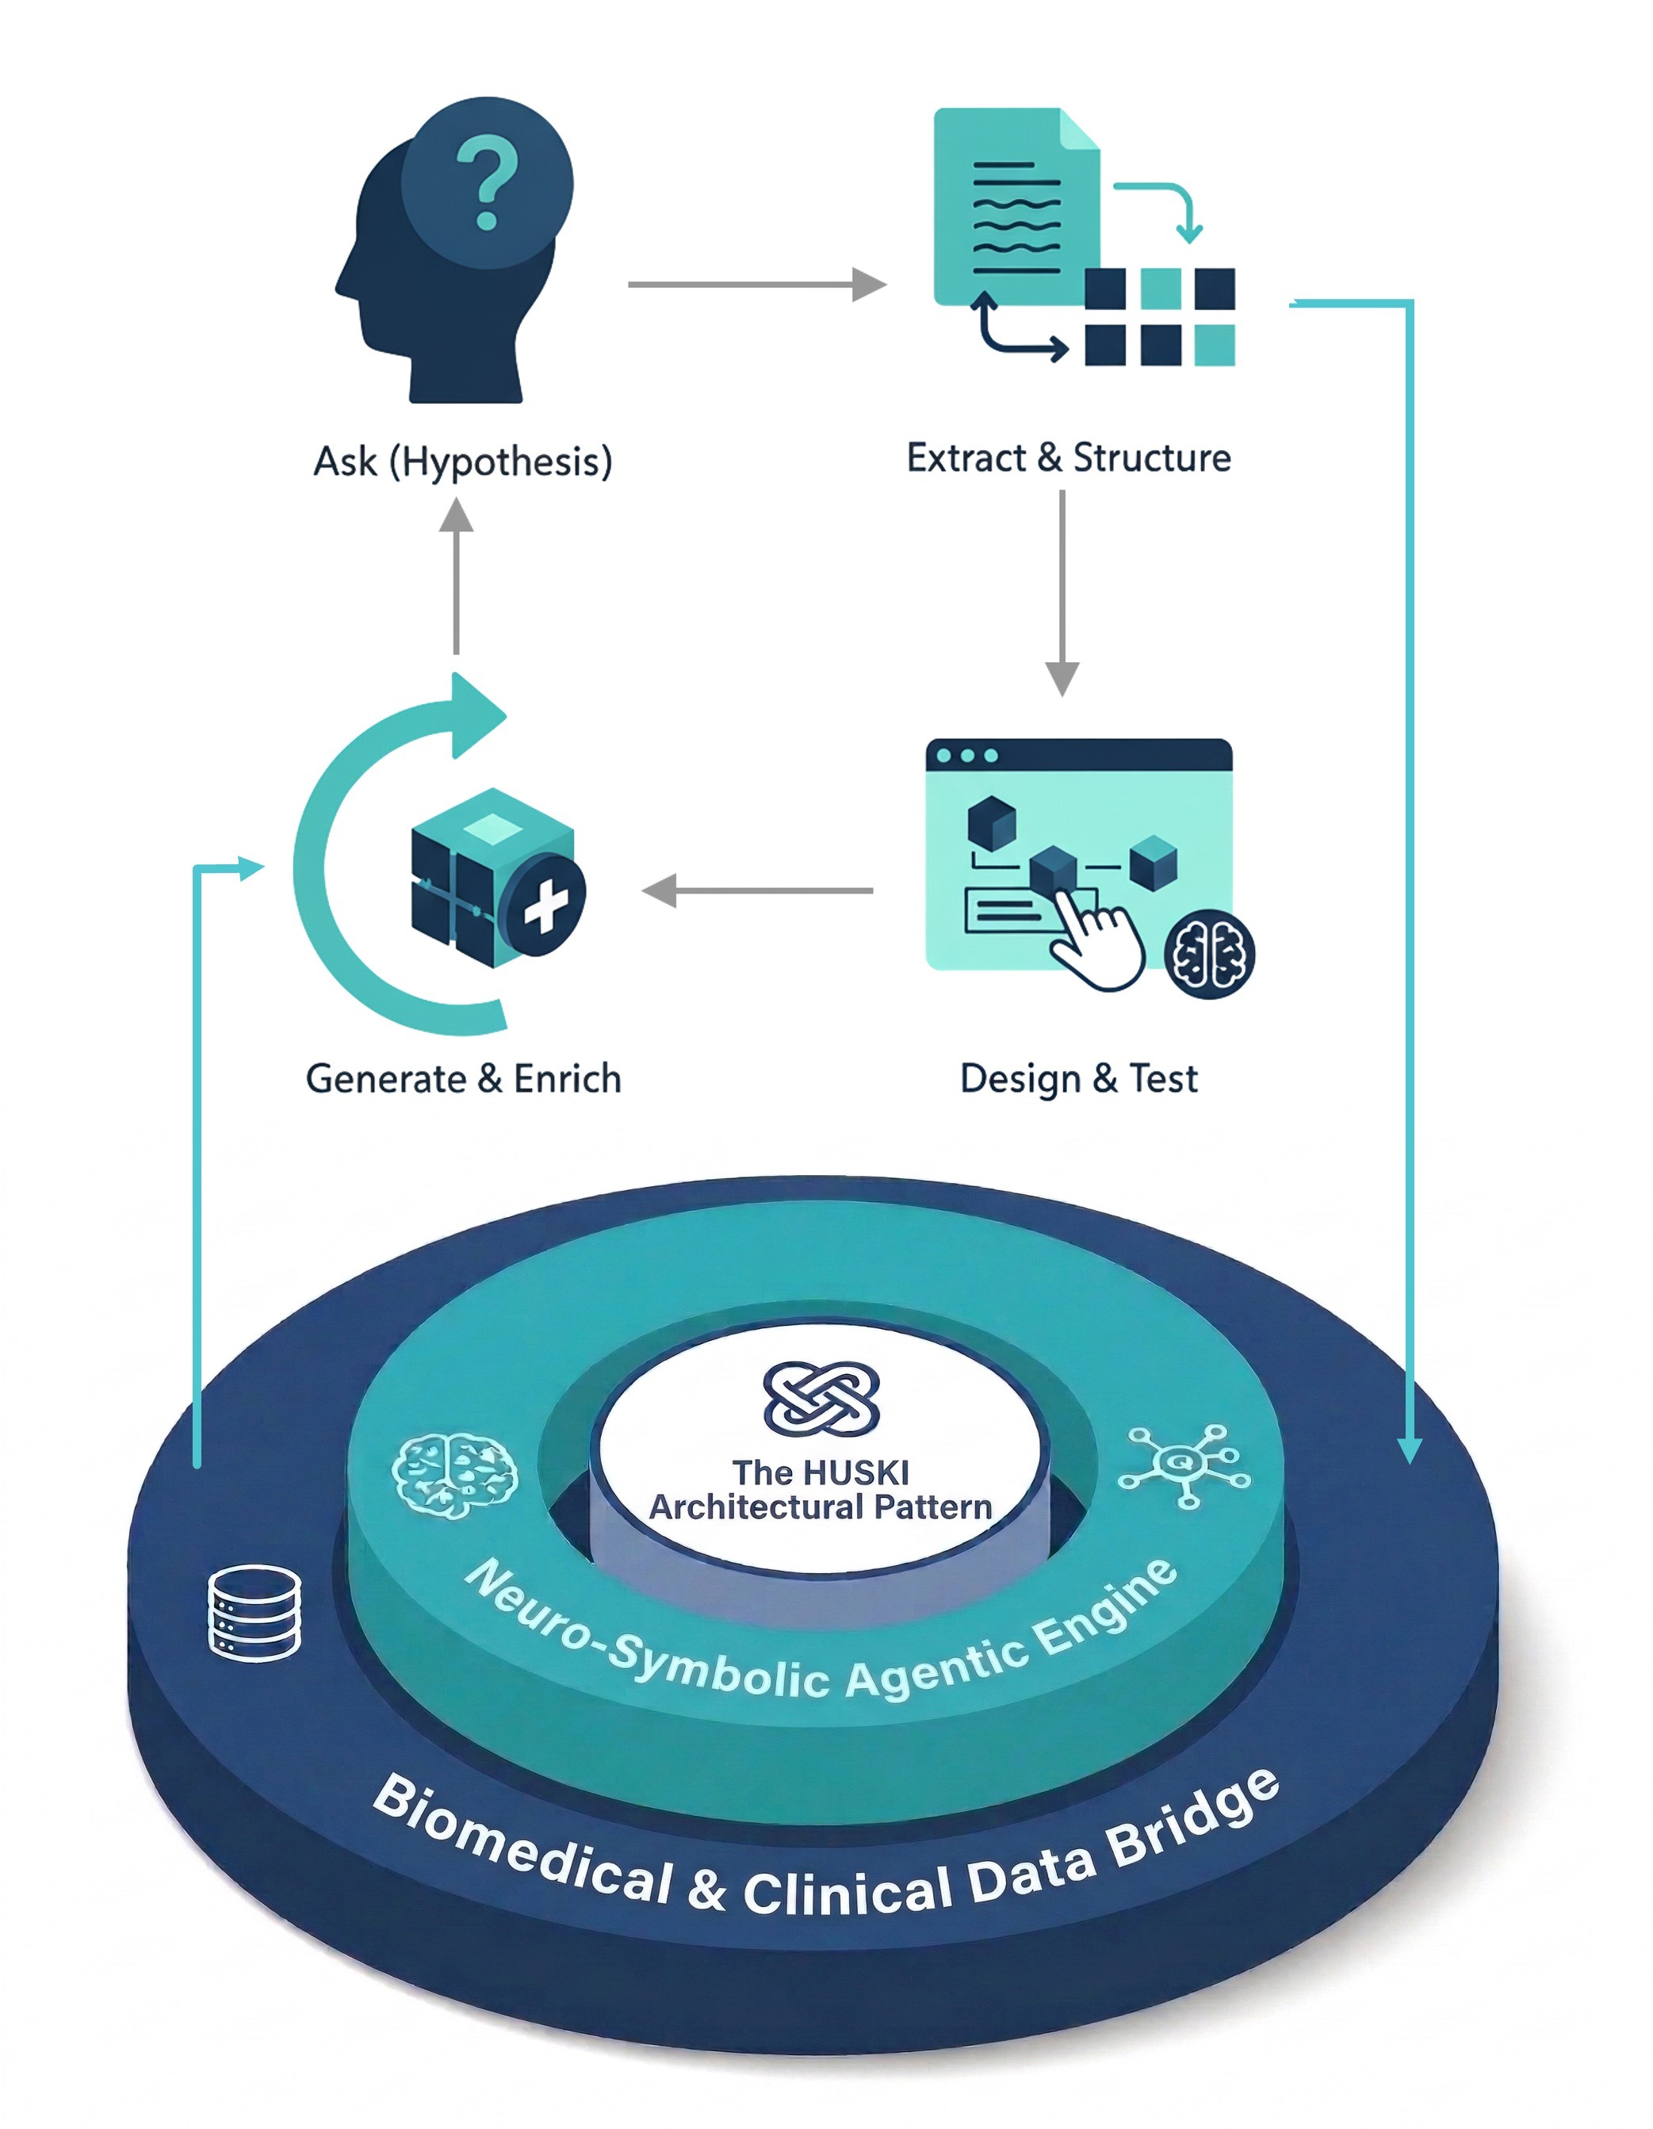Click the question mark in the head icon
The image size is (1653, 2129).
tap(488, 182)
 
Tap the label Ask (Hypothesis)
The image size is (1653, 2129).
tap(463, 461)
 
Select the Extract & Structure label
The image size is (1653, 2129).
tap(1068, 458)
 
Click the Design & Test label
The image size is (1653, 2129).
tap(1078, 1078)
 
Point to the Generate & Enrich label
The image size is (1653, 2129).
tap(463, 1078)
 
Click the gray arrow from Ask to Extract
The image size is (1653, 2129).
tap(756, 285)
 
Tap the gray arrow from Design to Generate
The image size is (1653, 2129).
tap(757, 890)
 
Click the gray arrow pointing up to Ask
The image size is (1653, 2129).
tap(456, 575)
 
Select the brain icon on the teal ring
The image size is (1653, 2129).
tap(454, 1474)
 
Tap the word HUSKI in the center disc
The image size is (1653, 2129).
tap(858, 1471)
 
